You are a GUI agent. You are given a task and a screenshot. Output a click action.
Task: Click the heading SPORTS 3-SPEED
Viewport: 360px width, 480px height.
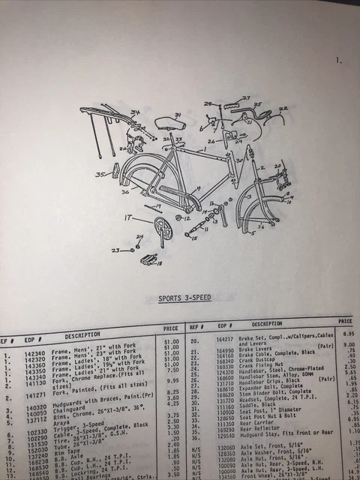pos(184,298)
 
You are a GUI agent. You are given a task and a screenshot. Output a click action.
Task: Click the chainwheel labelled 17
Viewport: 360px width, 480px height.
pos(160,229)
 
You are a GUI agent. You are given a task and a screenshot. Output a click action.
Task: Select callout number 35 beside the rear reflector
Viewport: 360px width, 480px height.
pos(100,175)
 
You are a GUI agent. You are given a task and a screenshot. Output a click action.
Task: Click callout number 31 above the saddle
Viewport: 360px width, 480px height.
pos(178,115)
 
